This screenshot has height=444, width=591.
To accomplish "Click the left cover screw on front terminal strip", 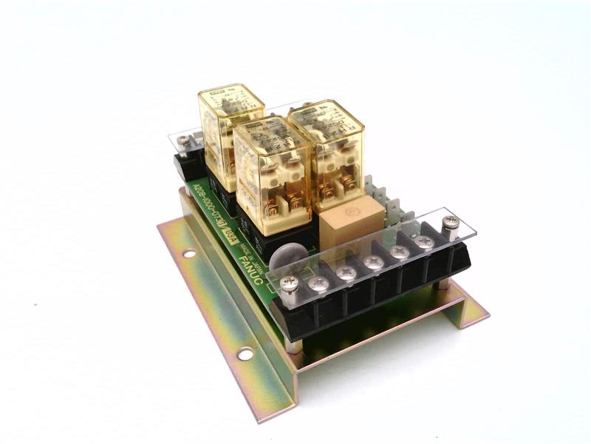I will point(289,282).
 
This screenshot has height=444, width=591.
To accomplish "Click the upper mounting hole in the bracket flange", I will point(190,253).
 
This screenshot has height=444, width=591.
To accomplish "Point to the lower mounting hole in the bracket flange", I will point(245,354).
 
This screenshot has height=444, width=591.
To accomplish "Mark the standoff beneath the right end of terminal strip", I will point(442,283).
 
